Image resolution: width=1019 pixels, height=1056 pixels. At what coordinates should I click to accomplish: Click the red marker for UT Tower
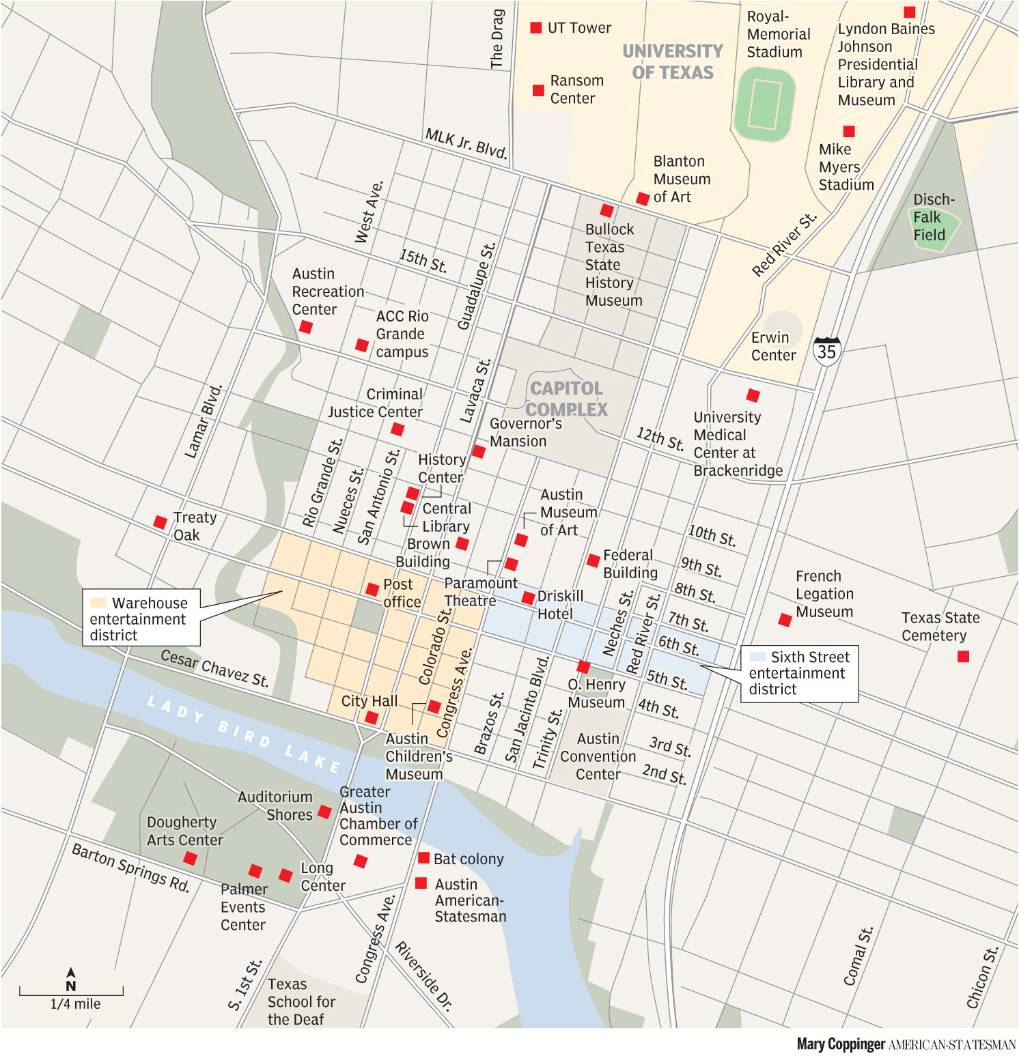[536, 28]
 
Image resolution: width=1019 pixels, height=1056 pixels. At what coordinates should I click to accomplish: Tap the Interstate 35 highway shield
[826, 351]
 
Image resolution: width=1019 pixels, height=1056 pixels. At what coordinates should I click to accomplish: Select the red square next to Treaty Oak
[160, 522]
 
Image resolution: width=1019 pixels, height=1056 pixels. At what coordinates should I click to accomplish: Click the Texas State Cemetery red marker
[963, 657]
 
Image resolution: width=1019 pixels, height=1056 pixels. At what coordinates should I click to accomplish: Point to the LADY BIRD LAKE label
[244, 734]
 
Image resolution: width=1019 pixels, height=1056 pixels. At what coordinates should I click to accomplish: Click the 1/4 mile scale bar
[71, 991]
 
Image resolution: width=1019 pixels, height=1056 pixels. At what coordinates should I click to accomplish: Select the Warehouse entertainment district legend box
[141, 618]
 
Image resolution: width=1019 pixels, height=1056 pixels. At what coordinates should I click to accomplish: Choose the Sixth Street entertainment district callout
[799, 673]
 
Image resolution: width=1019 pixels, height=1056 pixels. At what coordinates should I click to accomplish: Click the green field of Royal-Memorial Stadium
[764, 104]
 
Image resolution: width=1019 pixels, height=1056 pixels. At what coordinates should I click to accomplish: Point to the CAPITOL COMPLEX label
[566, 399]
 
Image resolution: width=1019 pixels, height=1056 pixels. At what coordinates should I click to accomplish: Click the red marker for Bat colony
[423, 858]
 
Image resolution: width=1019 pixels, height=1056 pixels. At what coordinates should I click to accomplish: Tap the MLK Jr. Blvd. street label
[466, 143]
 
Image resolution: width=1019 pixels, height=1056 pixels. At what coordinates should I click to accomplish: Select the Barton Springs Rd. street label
[130, 868]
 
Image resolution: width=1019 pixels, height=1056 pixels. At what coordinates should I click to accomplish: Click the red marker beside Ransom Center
[538, 90]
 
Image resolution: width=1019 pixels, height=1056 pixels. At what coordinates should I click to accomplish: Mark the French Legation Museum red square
[785, 620]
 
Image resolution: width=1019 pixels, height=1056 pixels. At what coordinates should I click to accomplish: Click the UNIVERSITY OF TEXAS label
[672, 62]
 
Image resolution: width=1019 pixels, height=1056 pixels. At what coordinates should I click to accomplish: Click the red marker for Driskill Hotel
[528, 598]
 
